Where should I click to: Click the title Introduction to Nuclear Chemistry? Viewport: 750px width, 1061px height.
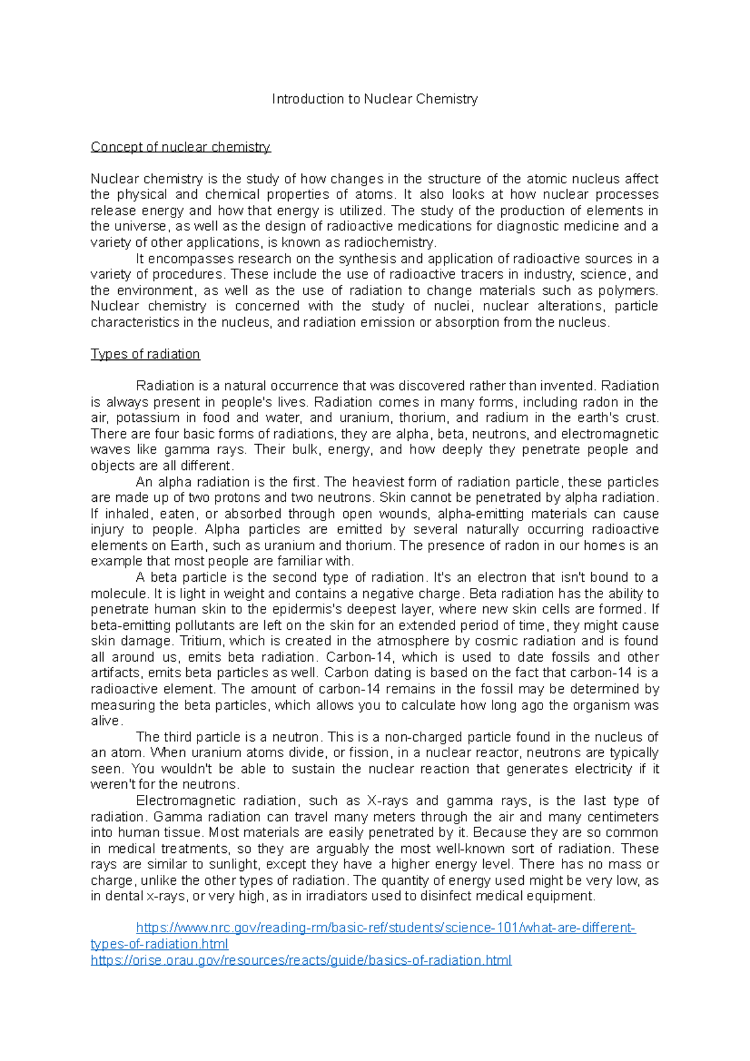374,99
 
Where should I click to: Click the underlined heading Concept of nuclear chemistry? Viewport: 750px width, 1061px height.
180,147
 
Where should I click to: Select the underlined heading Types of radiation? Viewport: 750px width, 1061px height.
145,354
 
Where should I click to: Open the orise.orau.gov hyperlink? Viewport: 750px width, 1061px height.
301,960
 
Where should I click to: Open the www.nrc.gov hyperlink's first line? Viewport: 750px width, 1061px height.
386,928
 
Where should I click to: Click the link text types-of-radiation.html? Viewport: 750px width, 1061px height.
159,944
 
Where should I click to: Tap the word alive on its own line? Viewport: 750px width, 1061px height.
104,720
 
